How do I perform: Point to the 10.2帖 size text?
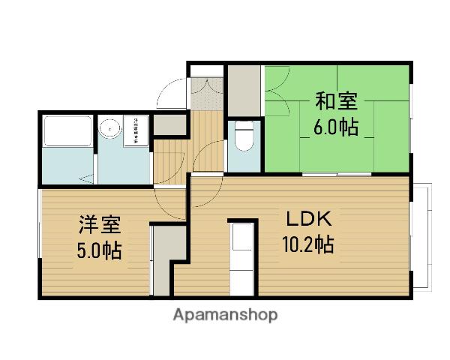coord(307,244)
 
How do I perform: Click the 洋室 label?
coord(99,225)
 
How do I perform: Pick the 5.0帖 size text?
coord(98,249)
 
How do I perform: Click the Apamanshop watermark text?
coord(225,315)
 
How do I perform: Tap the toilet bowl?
coord(244,139)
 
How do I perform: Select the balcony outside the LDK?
coord(421,236)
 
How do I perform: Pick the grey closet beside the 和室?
coord(244,89)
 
